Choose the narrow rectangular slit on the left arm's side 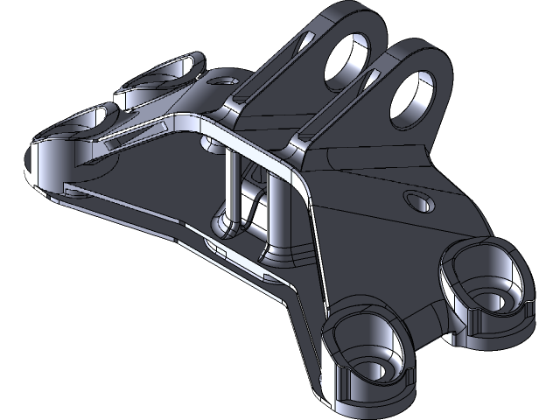click(131, 132)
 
